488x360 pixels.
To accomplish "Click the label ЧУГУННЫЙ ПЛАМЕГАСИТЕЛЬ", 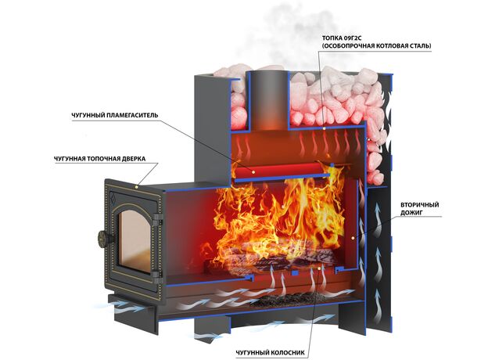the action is click(x=115, y=116).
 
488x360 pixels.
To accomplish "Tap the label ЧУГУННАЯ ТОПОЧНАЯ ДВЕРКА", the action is click(x=99, y=159).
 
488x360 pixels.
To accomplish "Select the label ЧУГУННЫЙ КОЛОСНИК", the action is click(x=270, y=353).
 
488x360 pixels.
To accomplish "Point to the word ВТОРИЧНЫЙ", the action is click(x=419, y=205).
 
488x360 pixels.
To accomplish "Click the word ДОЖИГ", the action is click(x=411, y=214).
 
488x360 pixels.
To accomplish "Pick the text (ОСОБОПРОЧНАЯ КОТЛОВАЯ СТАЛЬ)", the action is click(x=377, y=46).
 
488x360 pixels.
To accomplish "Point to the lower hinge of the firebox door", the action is click(x=158, y=276).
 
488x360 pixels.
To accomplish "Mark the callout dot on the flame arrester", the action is click(x=254, y=171).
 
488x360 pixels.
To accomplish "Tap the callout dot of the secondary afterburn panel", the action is click(x=353, y=238).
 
